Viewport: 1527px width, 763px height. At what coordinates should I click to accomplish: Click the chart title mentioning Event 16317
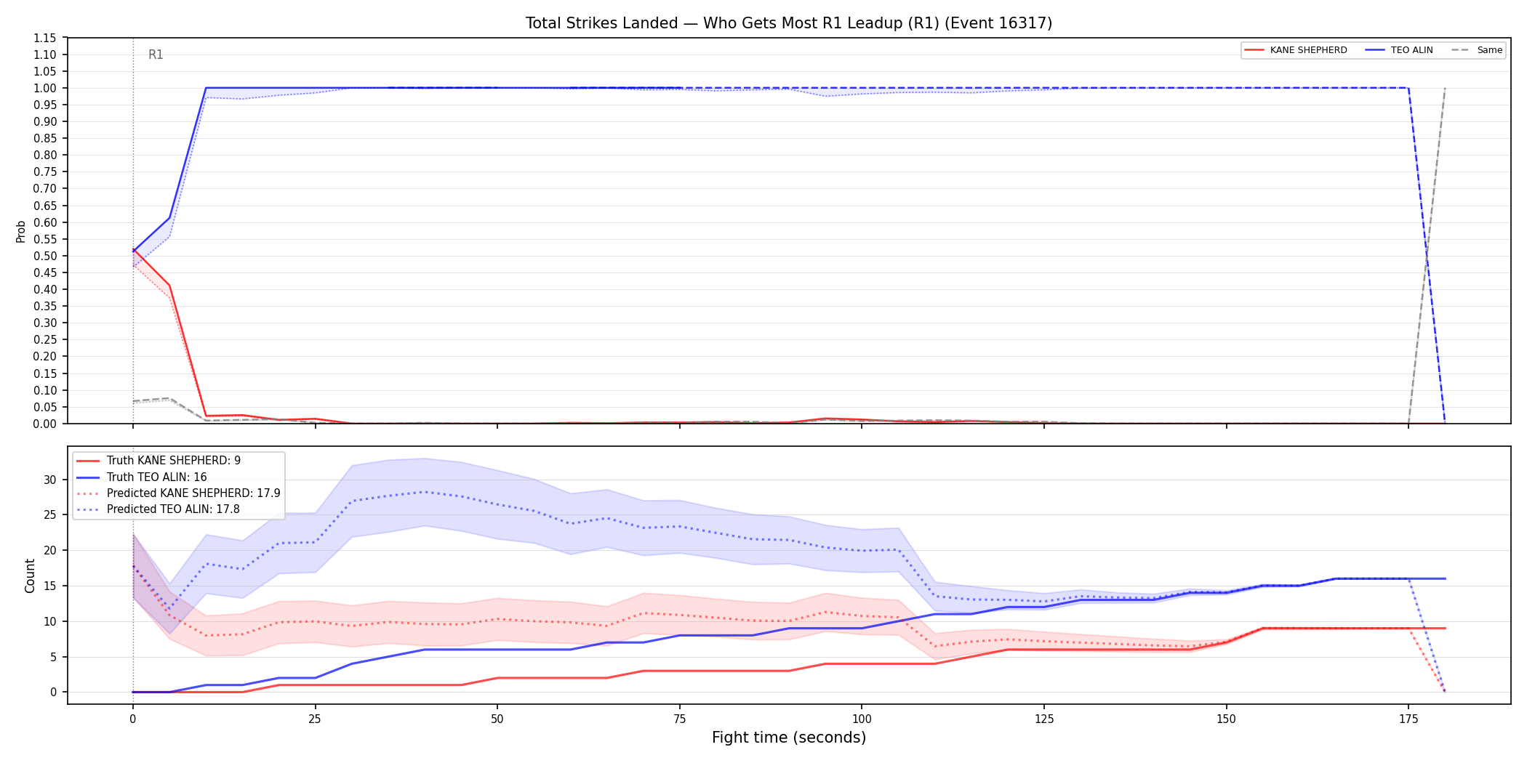pos(789,23)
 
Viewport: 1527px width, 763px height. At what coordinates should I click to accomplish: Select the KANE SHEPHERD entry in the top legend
pos(1296,50)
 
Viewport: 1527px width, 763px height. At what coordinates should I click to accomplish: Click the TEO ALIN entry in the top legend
pos(1399,50)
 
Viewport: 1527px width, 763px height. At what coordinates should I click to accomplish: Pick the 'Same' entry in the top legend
pos(1477,50)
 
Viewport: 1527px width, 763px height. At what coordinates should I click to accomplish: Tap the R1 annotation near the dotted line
pos(156,54)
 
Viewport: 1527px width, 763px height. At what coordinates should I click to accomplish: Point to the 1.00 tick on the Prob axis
pos(45,88)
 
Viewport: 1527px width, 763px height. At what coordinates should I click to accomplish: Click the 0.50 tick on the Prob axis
pos(45,256)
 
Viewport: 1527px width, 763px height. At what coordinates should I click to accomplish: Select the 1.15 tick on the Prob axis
pos(45,38)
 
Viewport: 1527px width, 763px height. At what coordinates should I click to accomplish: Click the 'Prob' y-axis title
pos(21,231)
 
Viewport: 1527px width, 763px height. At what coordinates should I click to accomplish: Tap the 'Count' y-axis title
pos(30,576)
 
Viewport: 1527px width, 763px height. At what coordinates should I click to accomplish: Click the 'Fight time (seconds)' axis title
pos(789,738)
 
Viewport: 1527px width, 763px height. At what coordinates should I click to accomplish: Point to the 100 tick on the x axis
pos(862,719)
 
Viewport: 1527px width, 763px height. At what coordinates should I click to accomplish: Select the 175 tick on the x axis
pos(1408,719)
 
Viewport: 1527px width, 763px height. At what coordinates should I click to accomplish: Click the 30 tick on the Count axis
pos(49,480)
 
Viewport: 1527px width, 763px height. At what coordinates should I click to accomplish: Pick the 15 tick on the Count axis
pos(49,586)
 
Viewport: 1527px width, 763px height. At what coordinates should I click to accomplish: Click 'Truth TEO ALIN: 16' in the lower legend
pos(142,477)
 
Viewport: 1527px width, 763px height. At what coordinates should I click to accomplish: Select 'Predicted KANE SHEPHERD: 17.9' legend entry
pos(178,493)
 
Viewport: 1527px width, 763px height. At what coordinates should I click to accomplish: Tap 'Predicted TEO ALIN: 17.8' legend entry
pos(158,509)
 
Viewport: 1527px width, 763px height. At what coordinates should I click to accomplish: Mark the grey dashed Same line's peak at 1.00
pos(1445,88)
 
